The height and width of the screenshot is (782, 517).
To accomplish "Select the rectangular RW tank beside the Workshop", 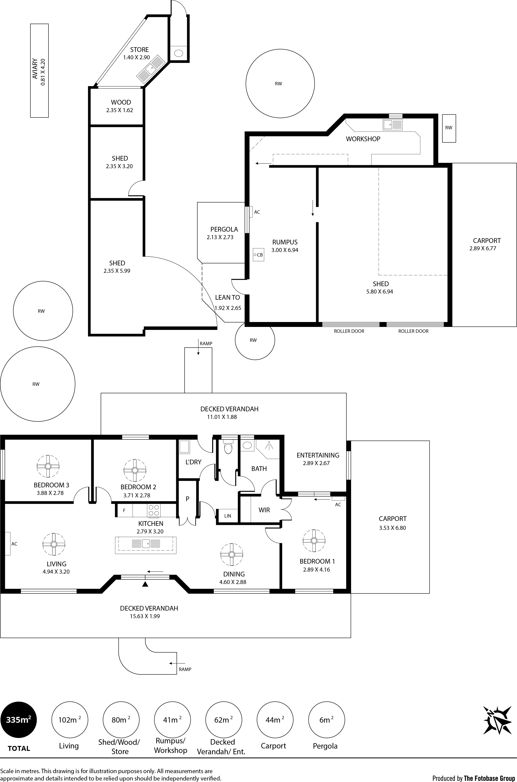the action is pyautogui.click(x=449, y=128).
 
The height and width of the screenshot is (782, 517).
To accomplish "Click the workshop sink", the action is pyautogui.click(x=393, y=124).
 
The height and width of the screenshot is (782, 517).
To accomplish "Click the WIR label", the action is pyautogui.click(x=264, y=510).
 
